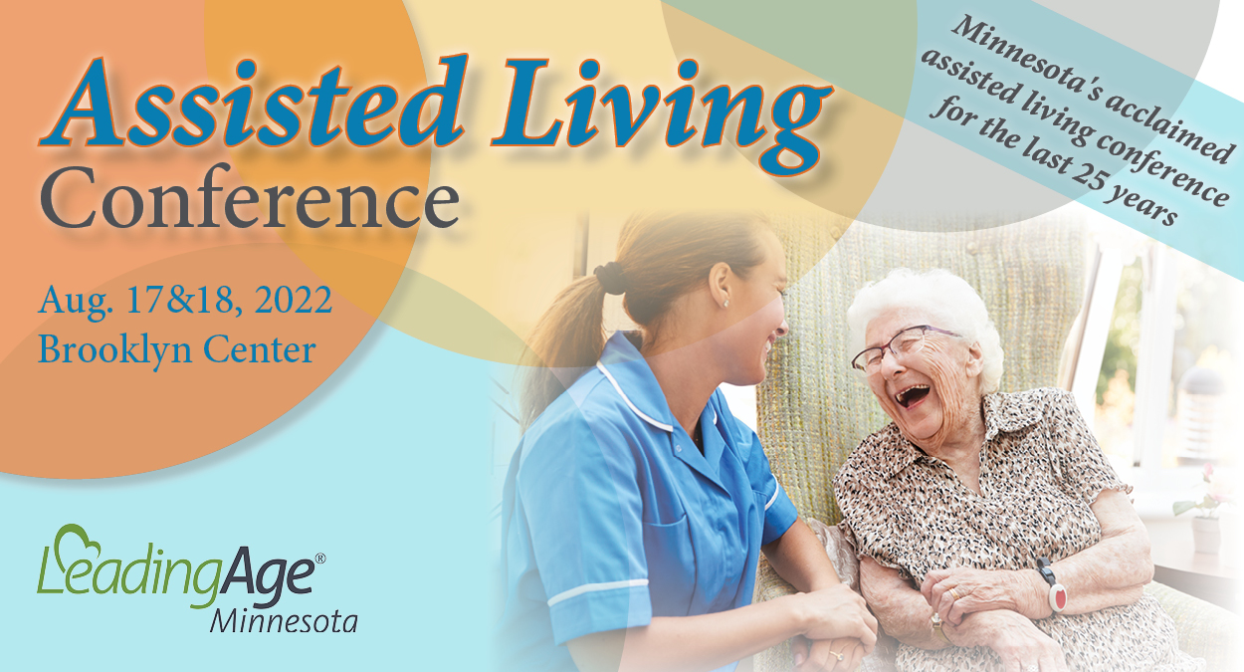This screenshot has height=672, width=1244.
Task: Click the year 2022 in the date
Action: [294, 301]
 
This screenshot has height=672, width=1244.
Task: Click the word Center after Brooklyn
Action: [260, 349]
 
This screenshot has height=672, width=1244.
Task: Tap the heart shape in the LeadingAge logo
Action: [79, 542]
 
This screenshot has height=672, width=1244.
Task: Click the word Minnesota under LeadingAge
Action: [284, 622]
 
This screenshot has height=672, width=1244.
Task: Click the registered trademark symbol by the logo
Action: [319, 558]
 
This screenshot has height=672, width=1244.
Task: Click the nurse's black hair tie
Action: [609, 278]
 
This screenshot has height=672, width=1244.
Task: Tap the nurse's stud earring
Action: [726, 304]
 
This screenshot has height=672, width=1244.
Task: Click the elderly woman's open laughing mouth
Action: [912, 396]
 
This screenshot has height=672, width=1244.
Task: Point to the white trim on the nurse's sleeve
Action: [597, 592]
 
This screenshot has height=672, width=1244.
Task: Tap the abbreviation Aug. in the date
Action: [76, 302]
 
